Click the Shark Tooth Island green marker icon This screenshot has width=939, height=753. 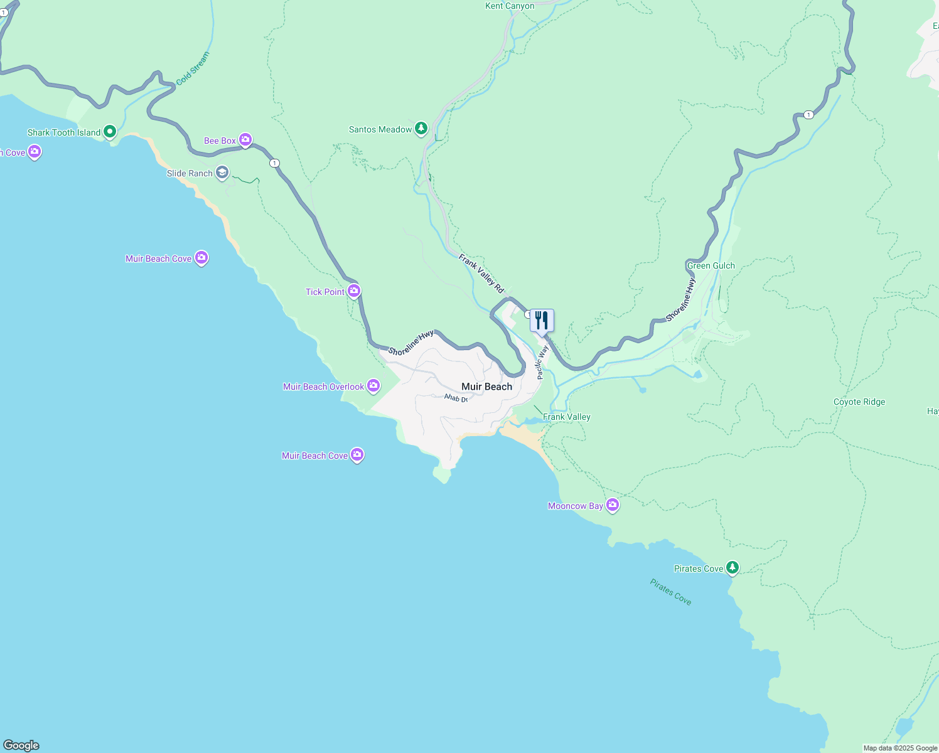(x=110, y=132)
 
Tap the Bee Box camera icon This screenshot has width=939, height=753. (x=245, y=140)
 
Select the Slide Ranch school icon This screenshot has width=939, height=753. (x=222, y=173)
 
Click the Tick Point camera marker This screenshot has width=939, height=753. (x=354, y=291)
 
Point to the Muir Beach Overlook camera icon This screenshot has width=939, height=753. (x=373, y=386)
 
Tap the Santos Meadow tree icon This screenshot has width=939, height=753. (x=421, y=129)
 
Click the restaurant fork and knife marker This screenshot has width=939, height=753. (x=542, y=321)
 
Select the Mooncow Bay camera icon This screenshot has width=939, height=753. (x=613, y=505)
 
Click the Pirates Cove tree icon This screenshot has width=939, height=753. (x=732, y=568)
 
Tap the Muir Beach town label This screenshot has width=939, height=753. (x=486, y=387)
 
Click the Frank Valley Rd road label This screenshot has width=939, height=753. (x=481, y=274)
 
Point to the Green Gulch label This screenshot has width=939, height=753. (x=711, y=265)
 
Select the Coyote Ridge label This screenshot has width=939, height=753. (x=859, y=402)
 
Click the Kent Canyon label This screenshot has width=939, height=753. (x=510, y=6)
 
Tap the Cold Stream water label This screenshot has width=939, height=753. (x=193, y=68)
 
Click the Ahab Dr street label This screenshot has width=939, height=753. (x=456, y=398)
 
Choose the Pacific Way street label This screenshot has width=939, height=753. (x=542, y=362)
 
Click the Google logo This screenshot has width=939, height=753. (x=21, y=745)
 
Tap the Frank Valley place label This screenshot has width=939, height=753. (x=566, y=417)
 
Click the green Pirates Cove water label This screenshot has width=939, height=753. (x=670, y=592)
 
